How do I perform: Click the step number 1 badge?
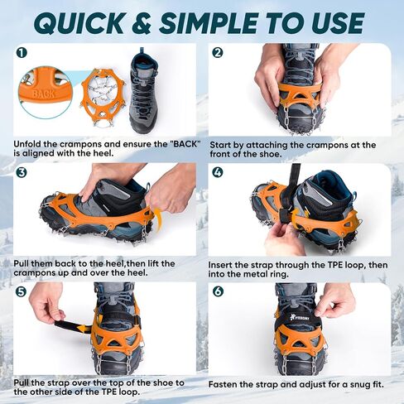(22, 53)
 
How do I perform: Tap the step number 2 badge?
(218, 53)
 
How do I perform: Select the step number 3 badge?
(22, 172)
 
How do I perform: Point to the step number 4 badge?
(218, 172)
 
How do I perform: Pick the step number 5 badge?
(22, 291)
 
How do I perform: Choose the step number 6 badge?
(218, 291)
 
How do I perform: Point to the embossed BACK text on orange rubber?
(43, 94)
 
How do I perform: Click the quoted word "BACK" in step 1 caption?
(185, 144)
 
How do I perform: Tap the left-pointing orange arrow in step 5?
(84, 329)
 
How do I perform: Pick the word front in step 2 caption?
(221, 154)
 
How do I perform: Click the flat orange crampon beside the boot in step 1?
(103, 98)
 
